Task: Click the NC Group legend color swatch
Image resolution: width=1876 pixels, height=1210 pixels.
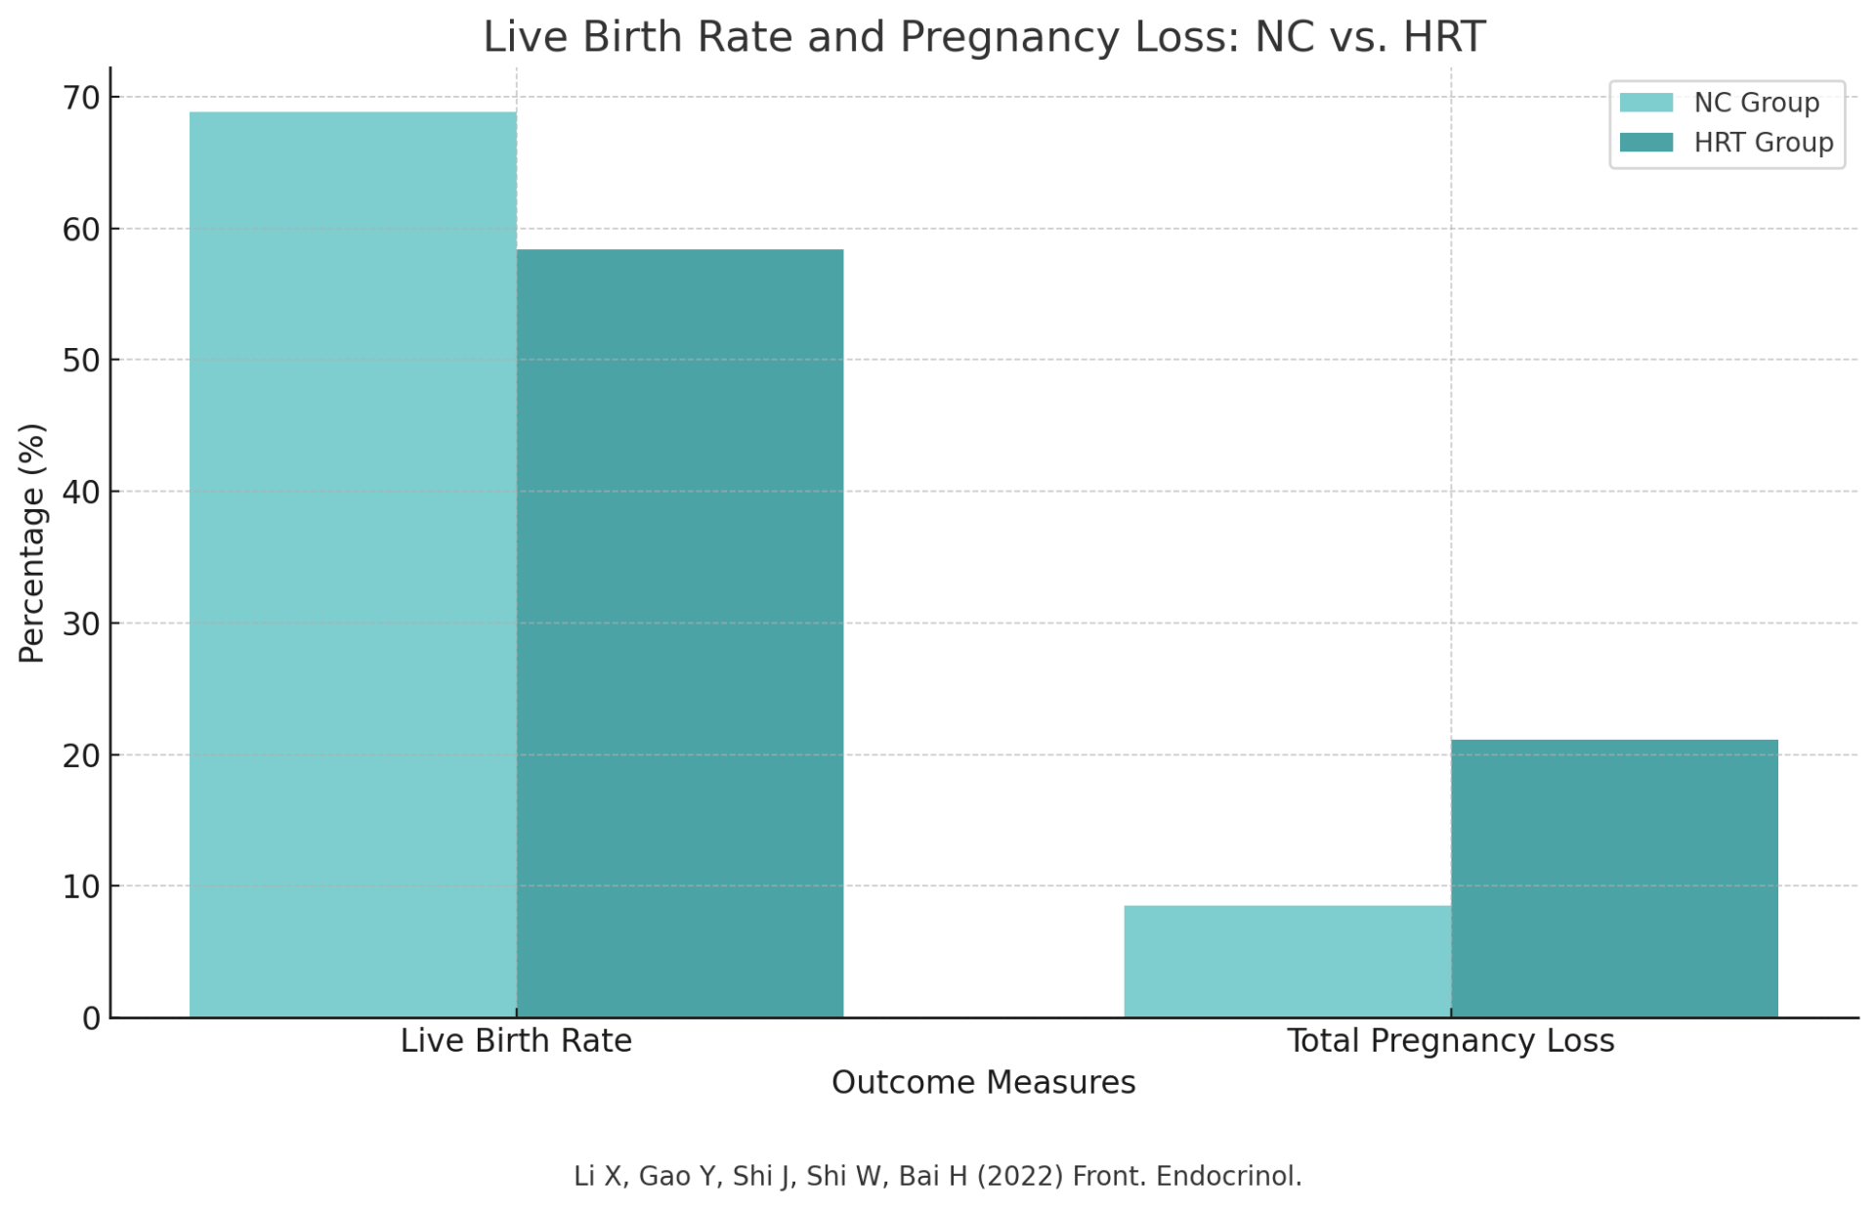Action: click(1645, 103)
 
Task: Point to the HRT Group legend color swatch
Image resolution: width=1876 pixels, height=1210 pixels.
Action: click(1645, 143)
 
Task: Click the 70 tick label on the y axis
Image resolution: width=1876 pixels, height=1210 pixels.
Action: click(81, 98)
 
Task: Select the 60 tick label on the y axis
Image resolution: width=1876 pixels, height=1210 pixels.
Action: click(81, 230)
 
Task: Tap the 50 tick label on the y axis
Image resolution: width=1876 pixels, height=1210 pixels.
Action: click(81, 361)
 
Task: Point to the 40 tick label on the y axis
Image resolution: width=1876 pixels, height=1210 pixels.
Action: click(81, 492)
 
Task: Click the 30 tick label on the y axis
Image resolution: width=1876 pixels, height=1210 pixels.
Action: click(81, 624)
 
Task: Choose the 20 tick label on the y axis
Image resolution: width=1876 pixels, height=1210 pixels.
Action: click(81, 756)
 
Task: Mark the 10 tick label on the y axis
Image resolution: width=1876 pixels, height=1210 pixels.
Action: click(81, 886)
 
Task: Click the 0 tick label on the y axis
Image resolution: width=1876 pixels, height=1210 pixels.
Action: click(91, 1019)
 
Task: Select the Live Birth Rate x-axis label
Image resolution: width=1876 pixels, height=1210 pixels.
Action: click(516, 1041)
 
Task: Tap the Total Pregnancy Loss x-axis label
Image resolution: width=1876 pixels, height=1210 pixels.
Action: click(1450, 1041)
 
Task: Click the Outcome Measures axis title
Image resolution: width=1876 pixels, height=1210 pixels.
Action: click(983, 1083)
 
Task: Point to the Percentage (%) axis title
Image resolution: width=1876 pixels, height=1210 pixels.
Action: click(31, 543)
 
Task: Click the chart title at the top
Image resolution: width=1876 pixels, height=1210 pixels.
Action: click(983, 37)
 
